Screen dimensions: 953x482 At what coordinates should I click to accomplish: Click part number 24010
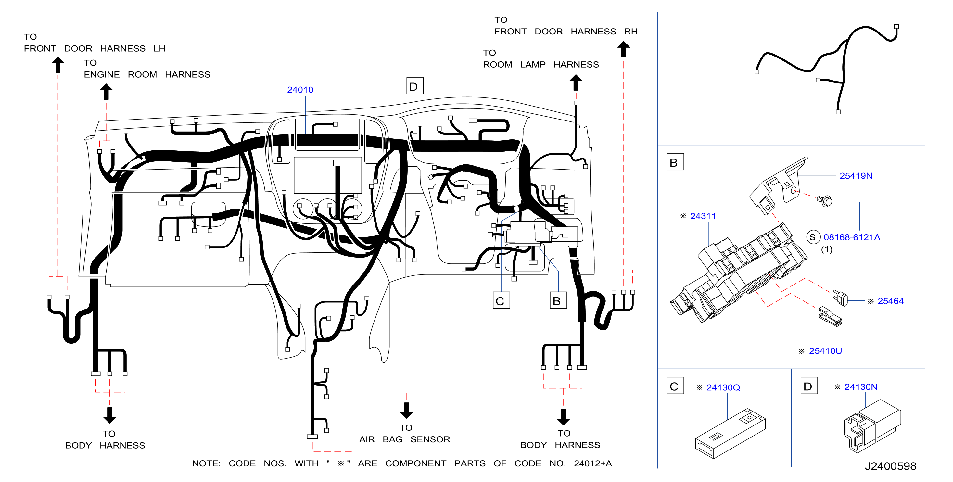(300, 90)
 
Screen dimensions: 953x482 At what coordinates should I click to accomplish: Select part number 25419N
(856, 176)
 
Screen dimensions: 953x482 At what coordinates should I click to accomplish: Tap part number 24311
(703, 216)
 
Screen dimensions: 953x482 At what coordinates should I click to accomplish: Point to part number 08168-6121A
(852, 237)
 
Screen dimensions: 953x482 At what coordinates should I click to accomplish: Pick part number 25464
(891, 301)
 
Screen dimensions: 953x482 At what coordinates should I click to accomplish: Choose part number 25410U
(825, 351)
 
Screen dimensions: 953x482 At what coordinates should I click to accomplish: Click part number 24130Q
(723, 388)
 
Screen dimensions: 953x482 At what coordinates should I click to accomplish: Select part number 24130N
(861, 387)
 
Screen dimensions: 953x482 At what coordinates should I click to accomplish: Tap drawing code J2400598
(891, 466)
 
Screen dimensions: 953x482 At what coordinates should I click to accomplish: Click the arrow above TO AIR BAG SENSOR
(407, 410)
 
